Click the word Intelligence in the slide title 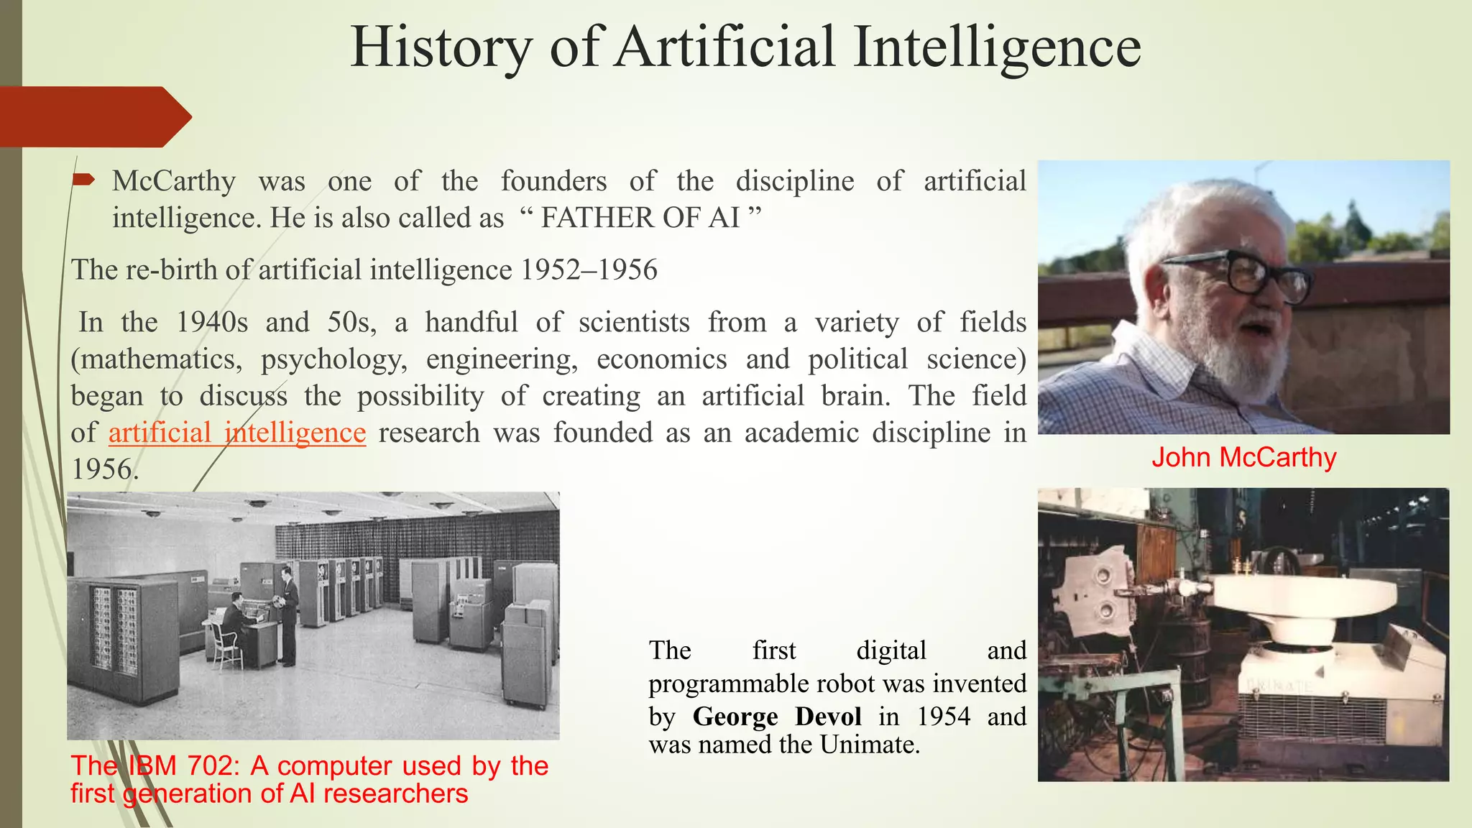tap(997, 47)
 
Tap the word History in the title tap(441, 47)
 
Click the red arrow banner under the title tap(93, 116)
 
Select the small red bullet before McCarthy tap(83, 180)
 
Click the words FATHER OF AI tap(640, 218)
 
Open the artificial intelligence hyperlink tap(237, 433)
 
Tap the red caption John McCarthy tap(1243, 457)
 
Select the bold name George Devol tap(777, 717)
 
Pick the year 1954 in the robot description tap(943, 717)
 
